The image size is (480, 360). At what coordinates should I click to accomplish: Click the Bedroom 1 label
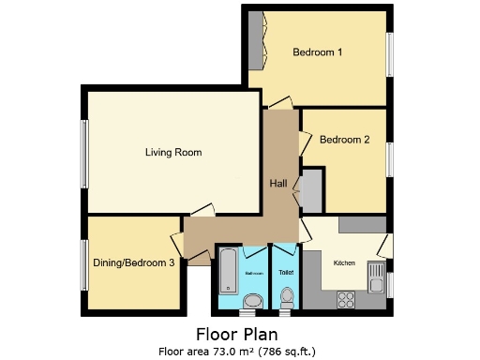click(x=316, y=52)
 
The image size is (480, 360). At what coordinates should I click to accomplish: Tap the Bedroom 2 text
click(x=344, y=140)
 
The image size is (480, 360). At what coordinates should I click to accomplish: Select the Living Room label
click(x=173, y=152)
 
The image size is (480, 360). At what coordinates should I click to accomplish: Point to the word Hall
click(x=278, y=183)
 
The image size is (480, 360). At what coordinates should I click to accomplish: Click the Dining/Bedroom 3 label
click(x=134, y=263)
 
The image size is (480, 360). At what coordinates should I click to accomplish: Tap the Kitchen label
click(x=344, y=263)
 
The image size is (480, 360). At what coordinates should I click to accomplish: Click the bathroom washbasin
click(x=252, y=300)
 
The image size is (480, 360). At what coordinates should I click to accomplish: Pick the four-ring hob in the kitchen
click(x=344, y=301)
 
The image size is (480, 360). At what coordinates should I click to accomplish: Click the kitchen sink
click(x=376, y=279)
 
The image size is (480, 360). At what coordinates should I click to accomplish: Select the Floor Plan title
click(x=236, y=334)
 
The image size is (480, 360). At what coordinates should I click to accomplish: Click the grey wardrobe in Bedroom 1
click(x=254, y=41)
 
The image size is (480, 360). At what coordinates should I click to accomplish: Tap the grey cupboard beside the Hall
click(x=310, y=190)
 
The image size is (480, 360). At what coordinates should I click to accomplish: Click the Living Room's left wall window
click(x=83, y=152)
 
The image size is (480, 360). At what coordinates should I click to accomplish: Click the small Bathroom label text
click(x=253, y=273)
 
